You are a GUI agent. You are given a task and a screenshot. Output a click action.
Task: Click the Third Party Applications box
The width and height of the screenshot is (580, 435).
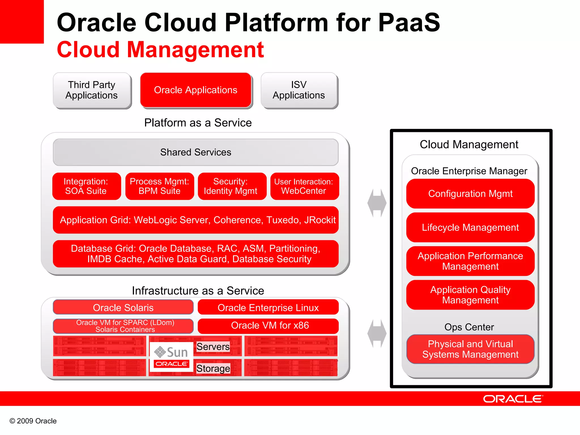[x=92, y=90]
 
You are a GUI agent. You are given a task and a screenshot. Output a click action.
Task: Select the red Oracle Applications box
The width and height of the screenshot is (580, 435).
[x=196, y=90]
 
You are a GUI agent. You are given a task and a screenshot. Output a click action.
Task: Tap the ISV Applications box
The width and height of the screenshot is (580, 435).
[x=299, y=90]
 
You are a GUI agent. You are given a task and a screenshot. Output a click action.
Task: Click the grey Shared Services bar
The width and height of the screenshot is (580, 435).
[x=196, y=152]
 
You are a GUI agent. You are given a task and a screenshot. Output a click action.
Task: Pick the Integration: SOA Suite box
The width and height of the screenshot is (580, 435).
[x=86, y=186]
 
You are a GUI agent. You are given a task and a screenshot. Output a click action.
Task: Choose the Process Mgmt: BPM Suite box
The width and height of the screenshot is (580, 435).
[x=159, y=186]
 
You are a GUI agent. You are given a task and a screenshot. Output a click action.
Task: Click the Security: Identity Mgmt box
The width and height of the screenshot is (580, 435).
[x=232, y=186]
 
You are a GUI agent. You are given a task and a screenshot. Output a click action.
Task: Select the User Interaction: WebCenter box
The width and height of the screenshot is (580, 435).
[x=304, y=186]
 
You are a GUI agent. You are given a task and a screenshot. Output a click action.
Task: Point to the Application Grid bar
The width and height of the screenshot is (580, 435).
[x=196, y=220]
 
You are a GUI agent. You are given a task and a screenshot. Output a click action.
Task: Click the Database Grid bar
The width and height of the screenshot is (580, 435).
[x=196, y=254]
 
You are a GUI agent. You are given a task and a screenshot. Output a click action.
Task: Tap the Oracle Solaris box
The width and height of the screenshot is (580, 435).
[x=123, y=308]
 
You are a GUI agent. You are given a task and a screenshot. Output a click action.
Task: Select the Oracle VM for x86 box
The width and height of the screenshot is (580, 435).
[x=268, y=326]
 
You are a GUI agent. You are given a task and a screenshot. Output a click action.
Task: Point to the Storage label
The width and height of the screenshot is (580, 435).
[x=213, y=368]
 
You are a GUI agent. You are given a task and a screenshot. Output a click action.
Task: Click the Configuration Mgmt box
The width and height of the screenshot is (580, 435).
[x=470, y=194]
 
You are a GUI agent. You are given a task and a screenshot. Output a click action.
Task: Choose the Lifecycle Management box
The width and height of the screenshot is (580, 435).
[x=470, y=227]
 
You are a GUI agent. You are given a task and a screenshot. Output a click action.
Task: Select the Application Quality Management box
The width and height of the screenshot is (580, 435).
[x=470, y=295]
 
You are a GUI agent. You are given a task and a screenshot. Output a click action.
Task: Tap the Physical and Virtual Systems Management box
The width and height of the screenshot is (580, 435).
[x=470, y=349]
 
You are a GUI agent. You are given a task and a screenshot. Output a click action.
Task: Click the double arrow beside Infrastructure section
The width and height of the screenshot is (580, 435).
[x=377, y=334]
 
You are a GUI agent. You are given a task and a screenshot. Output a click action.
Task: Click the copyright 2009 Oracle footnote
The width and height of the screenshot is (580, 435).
[x=33, y=421]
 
